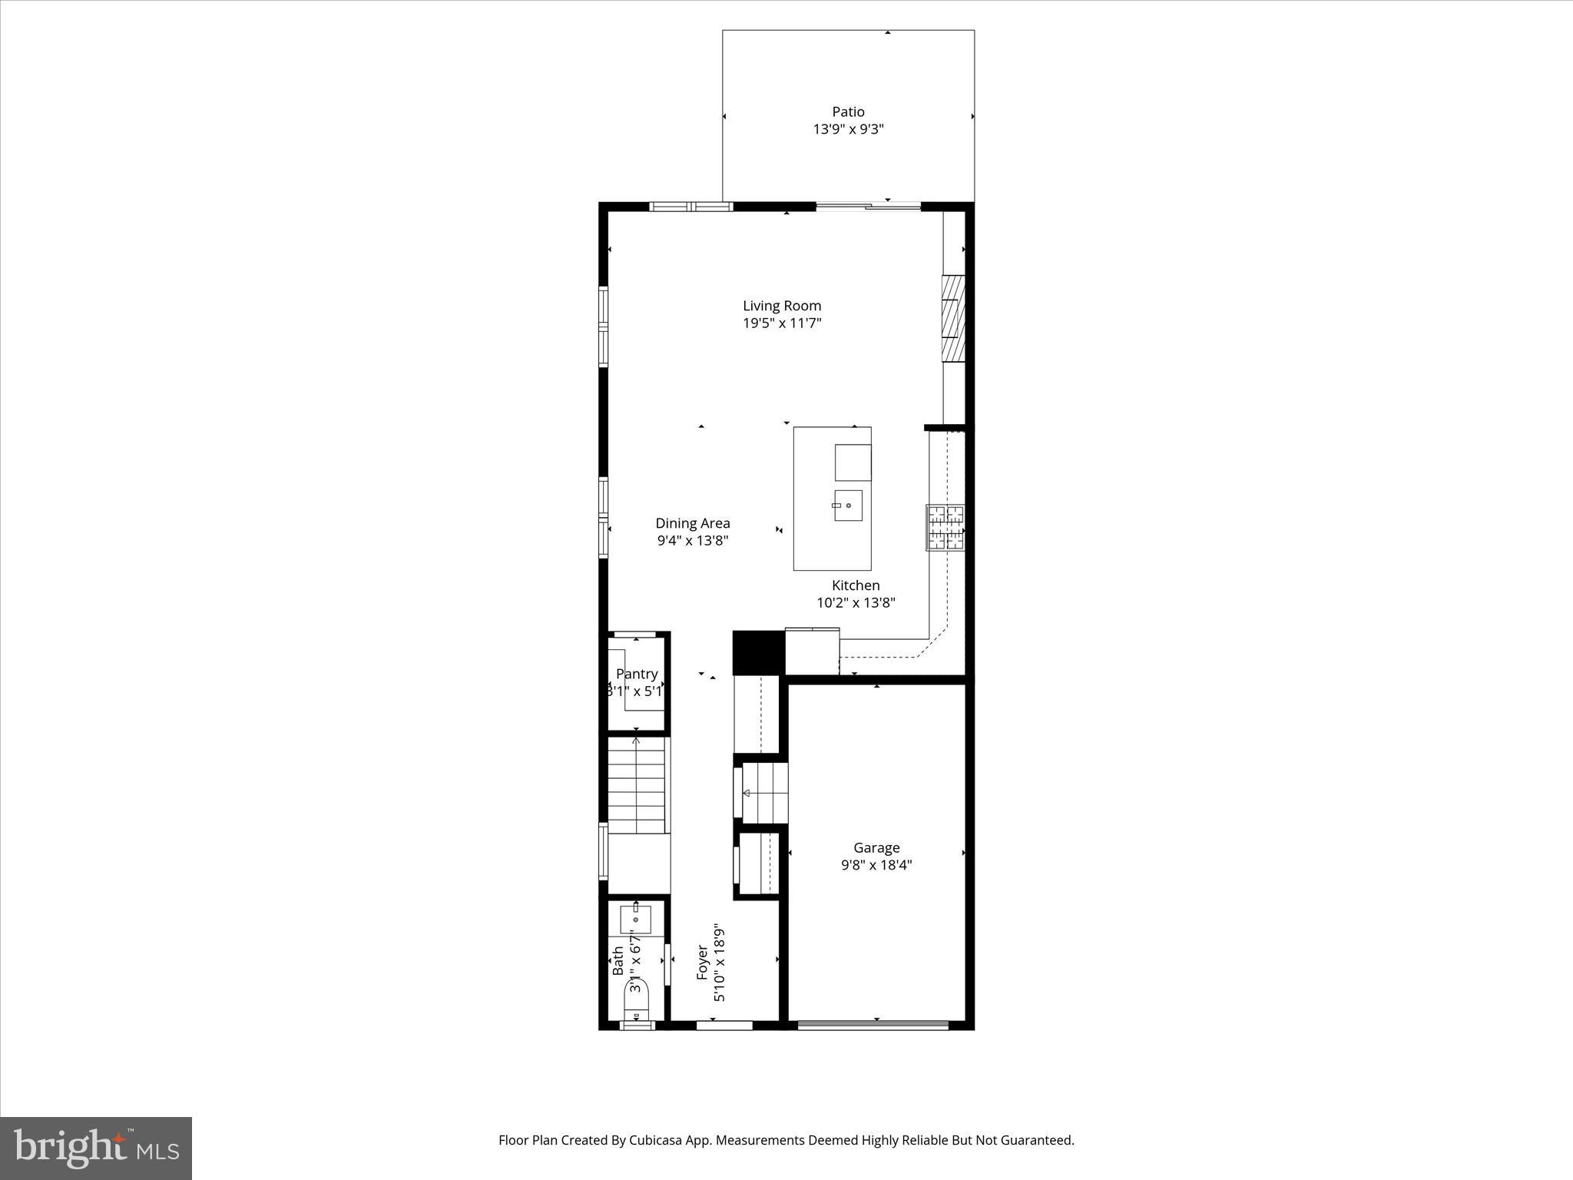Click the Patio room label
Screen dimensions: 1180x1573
click(848, 112)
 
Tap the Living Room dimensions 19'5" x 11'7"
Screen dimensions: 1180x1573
click(782, 323)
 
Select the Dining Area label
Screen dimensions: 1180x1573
click(692, 523)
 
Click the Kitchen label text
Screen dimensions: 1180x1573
click(856, 585)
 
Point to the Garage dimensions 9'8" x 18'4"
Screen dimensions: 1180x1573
click(876, 865)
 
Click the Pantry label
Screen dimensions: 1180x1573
click(637, 674)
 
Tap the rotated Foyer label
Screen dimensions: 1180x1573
click(702, 963)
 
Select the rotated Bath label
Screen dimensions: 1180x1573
click(618, 961)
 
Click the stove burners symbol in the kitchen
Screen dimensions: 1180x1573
click(945, 527)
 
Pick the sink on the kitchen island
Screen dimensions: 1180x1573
click(848, 505)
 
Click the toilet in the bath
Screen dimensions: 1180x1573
click(637, 999)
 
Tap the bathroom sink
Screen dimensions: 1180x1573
click(636, 919)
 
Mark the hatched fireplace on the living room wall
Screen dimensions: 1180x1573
click(953, 317)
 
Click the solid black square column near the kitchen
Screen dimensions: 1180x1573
click(758, 652)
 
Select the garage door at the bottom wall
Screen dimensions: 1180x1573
click(873, 1024)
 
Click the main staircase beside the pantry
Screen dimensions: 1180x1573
click(636, 785)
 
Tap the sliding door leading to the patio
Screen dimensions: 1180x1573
click(868, 206)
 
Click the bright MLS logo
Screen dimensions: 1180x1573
click(95, 1148)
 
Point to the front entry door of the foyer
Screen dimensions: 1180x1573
click(724, 1025)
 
